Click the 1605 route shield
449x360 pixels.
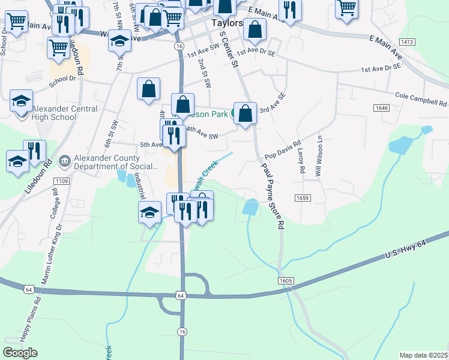286,280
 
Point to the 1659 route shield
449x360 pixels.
302,197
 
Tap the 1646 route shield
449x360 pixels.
382,108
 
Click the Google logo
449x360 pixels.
20,353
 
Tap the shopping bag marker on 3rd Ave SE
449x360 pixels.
245,113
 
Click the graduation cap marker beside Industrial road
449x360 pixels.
149,212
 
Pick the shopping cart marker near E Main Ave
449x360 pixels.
347,8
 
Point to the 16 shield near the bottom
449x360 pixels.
182,332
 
